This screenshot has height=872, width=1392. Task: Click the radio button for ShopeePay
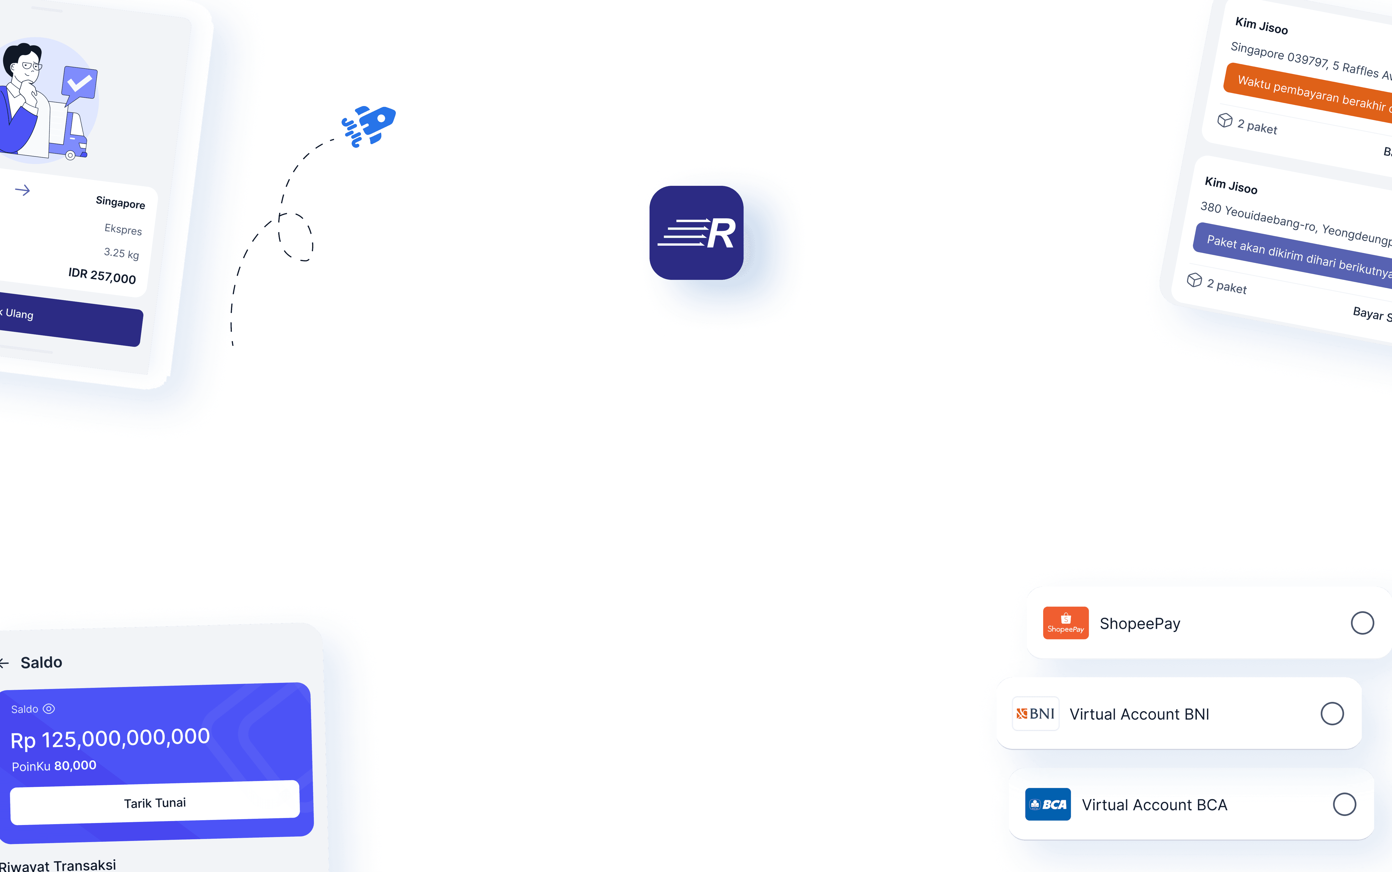[x=1362, y=623]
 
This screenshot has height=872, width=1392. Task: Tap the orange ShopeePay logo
[x=1066, y=623]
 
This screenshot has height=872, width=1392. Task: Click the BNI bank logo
[x=1036, y=714]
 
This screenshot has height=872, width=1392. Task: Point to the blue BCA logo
[x=1048, y=805]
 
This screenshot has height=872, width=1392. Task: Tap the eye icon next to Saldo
[x=49, y=709]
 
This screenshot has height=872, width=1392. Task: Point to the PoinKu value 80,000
[x=75, y=765]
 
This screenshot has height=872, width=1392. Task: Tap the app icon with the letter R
[x=696, y=233]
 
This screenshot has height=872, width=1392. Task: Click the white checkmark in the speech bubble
[x=80, y=84]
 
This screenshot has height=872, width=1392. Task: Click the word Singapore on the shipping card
[x=120, y=202]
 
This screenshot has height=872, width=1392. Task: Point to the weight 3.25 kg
[x=121, y=253]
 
